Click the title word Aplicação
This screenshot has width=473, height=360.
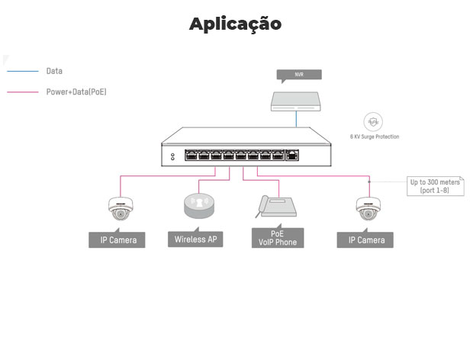pyautogui.click(x=236, y=24)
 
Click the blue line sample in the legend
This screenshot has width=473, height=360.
pyautogui.click(x=23, y=71)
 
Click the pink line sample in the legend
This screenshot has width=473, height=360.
pyautogui.click(x=23, y=92)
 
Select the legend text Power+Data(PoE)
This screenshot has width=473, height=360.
pyautogui.click(x=76, y=92)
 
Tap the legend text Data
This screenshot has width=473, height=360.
pyautogui.click(x=54, y=71)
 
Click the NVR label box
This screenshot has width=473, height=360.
pyautogui.click(x=299, y=75)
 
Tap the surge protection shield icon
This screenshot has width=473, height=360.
pyautogui.click(x=373, y=121)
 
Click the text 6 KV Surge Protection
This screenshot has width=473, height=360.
pyautogui.click(x=374, y=137)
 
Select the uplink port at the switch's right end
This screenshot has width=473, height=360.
pyautogui.click(x=292, y=156)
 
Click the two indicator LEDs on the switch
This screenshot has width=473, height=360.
pyautogui.click(x=172, y=156)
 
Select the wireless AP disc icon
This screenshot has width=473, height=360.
pyautogui.click(x=199, y=207)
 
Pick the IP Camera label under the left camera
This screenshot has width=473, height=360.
pyautogui.click(x=118, y=240)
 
